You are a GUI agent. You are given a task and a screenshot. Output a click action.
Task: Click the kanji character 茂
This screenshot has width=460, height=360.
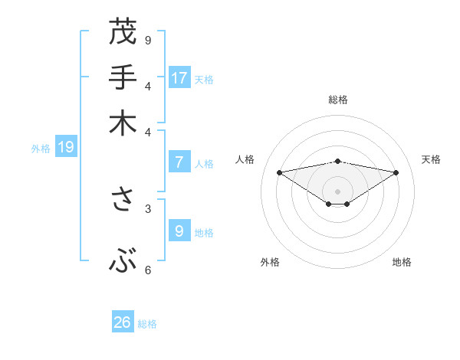(122, 32)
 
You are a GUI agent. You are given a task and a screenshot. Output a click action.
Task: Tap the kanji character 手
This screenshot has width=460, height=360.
(122, 78)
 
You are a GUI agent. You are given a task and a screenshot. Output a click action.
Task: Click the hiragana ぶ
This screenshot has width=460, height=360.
(122, 263)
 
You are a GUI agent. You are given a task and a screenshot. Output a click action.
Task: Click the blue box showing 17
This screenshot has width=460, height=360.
(179, 77)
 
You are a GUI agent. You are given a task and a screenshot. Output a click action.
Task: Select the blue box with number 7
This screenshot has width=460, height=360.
(179, 162)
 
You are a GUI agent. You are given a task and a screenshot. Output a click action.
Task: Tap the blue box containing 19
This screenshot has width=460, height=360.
(65, 147)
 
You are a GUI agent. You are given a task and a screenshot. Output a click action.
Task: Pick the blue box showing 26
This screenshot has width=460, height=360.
(122, 322)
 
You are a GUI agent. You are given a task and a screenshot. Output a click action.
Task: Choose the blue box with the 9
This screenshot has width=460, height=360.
(179, 230)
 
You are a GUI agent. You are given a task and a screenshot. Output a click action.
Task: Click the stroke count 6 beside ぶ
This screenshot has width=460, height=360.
(148, 270)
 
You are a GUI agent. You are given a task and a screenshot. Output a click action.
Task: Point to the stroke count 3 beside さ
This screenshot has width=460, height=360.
(148, 208)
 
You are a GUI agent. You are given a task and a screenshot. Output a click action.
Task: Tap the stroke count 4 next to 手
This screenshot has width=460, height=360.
(148, 85)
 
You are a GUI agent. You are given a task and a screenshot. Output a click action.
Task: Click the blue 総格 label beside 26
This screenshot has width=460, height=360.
(148, 324)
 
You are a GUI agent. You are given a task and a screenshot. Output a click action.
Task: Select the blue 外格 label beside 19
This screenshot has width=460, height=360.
(41, 149)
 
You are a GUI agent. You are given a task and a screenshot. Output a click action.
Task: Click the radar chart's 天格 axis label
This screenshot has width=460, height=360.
(431, 159)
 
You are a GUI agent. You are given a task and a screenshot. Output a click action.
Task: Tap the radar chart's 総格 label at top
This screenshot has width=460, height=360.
(338, 100)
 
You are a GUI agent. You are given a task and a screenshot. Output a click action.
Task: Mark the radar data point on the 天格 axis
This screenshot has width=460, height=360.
(396, 172)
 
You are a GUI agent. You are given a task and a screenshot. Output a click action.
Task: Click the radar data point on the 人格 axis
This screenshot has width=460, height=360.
(279, 172)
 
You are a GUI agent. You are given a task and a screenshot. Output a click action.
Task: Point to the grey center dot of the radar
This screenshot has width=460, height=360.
(338, 191)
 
